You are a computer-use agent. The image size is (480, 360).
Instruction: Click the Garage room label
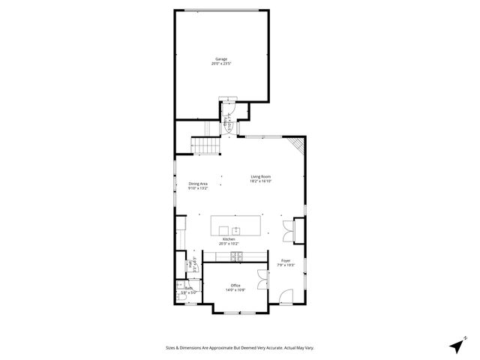[221, 58]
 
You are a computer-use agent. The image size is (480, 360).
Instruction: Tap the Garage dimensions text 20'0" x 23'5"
[221, 64]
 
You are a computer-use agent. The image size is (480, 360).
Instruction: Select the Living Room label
[260, 176]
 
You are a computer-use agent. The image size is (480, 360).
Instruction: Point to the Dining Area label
[198, 184]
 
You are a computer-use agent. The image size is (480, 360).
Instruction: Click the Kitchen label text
[228, 239]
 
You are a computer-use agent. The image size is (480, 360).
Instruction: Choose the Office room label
[235, 285]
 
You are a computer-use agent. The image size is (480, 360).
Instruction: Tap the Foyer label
[286, 260]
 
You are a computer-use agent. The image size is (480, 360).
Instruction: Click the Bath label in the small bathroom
[189, 288]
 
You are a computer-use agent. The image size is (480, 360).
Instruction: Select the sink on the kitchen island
[235, 230]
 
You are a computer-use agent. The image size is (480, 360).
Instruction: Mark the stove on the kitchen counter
[236, 256]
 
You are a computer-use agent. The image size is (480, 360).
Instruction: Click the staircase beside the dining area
[203, 145]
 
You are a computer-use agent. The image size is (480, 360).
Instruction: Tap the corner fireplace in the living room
[298, 145]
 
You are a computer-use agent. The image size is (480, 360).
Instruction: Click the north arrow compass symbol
[457, 346]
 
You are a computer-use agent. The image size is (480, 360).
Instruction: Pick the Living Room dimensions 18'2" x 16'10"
[260, 181]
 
